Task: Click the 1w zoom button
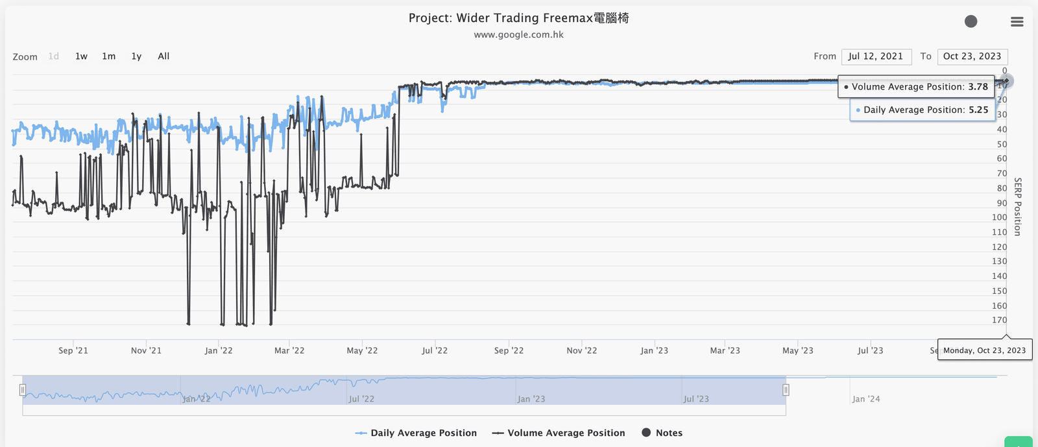[81, 56]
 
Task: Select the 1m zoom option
[108, 56]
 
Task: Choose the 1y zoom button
[136, 56]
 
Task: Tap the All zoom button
[163, 56]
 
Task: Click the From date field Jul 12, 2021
[876, 56]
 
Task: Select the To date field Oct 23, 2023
[972, 56]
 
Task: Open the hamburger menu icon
[1017, 22]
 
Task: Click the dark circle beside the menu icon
[971, 21]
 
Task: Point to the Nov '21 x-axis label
[146, 350]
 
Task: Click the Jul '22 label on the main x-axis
[435, 350]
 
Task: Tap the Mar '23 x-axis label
[725, 350]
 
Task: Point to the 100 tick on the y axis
[999, 217]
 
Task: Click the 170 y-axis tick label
[999, 320]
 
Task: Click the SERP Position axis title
[1018, 206]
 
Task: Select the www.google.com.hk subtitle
[518, 35]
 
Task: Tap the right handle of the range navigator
[786, 390]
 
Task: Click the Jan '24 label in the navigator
[866, 399]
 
